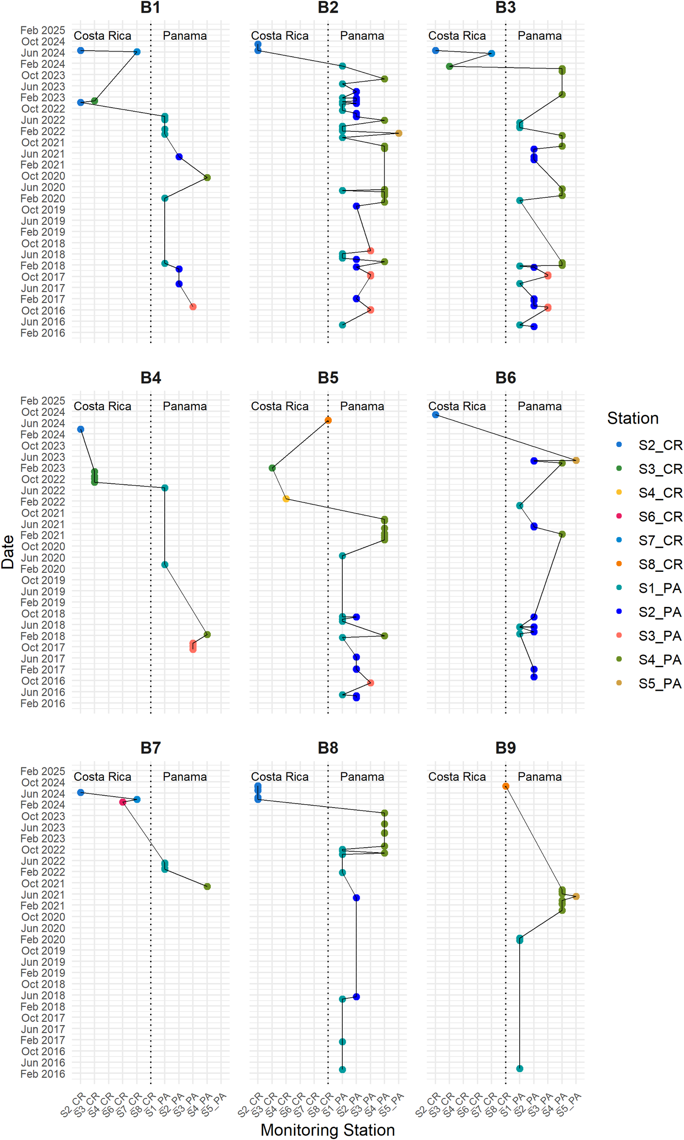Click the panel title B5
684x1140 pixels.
point(328,378)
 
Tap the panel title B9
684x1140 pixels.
point(505,748)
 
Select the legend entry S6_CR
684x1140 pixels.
point(659,516)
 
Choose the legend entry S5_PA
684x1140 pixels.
point(659,684)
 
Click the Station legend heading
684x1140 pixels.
point(632,418)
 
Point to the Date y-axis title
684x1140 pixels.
point(8,551)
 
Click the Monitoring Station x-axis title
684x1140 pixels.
point(327,1130)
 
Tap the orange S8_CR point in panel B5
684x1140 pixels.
point(328,420)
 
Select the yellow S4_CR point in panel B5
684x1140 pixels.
point(286,499)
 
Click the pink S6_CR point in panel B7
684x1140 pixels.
point(123,802)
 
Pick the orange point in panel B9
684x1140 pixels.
point(506,786)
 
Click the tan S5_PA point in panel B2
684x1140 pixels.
point(399,133)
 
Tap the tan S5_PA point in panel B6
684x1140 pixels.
point(576,460)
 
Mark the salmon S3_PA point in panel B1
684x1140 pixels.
point(193,307)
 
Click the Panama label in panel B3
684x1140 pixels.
point(539,36)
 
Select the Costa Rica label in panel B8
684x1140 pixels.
point(279,777)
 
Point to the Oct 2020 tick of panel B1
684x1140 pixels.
point(43,176)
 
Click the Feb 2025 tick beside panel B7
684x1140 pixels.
point(43,771)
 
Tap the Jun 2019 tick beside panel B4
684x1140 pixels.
point(43,591)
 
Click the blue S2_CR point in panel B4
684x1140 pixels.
point(81,429)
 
